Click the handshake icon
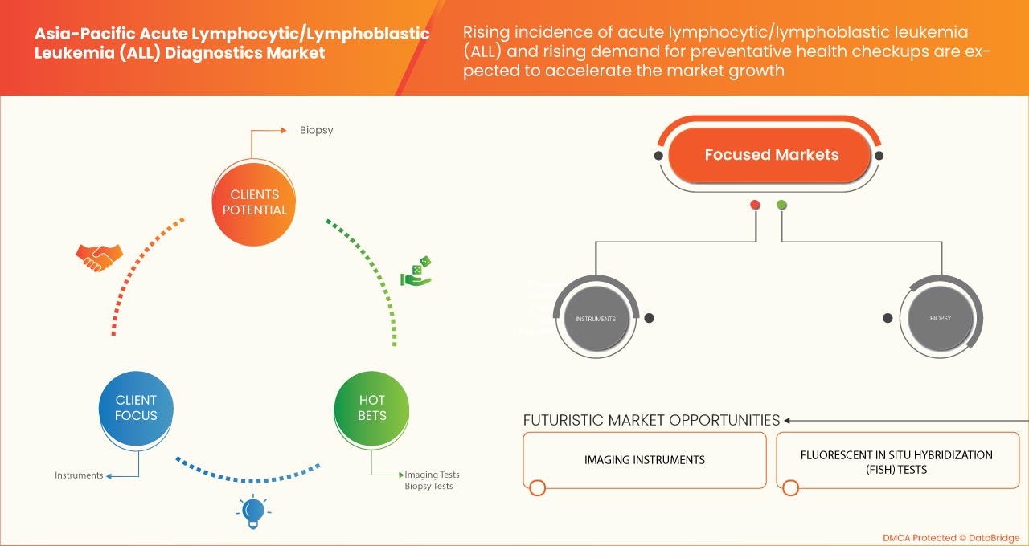[x=99, y=257]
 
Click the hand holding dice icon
[x=416, y=271]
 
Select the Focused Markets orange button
[x=771, y=155]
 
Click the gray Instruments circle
[x=595, y=319]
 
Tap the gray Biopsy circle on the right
[x=940, y=318]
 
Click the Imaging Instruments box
[x=644, y=460]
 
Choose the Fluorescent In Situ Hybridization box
[x=896, y=462]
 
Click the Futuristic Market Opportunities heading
[x=651, y=420]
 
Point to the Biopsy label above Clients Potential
[x=316, y=129]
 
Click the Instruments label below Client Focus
[x=79, y=475]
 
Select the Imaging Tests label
[x=432, y=475]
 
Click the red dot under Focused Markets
[x=755, y=205]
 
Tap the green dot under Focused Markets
[x=781, y=205]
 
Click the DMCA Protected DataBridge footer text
[x=951, y=537]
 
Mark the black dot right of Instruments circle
[x=649, y=318]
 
